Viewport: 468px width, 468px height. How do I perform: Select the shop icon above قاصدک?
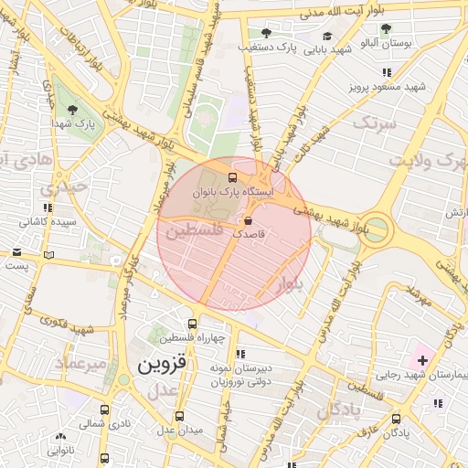point(249,220)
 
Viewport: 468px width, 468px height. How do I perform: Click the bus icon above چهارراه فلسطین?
point(191,324)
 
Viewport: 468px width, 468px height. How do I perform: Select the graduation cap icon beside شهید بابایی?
point(327,36)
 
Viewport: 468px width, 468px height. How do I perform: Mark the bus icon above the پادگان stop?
point(396,419)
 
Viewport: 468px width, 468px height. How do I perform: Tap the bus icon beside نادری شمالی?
point(104,410)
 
